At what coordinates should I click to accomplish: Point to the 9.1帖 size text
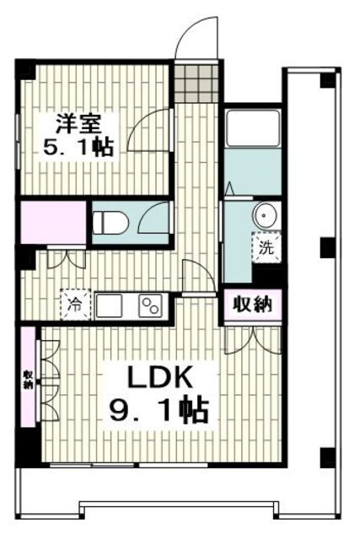158,411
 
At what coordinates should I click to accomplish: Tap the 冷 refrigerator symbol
74,301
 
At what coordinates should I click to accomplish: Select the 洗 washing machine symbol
265,248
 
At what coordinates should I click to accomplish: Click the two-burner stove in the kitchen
149,304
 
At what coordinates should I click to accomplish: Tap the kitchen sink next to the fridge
110,304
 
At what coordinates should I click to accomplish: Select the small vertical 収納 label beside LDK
29,379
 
